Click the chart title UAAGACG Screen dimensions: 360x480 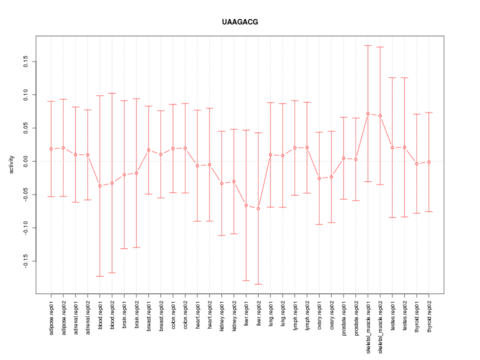240,22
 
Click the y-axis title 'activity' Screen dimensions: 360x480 12,164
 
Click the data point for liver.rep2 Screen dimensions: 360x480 258,208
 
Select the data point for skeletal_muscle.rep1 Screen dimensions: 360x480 368,113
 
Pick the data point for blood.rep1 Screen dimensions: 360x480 100,186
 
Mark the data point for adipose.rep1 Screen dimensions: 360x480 51,149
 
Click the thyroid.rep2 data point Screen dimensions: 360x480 429,162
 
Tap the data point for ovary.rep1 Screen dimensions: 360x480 319,178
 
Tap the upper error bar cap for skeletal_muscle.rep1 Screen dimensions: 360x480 368,45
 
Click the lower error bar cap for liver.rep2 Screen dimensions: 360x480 258,284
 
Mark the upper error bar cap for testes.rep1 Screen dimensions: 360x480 392,77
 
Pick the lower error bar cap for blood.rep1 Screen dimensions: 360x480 100,276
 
